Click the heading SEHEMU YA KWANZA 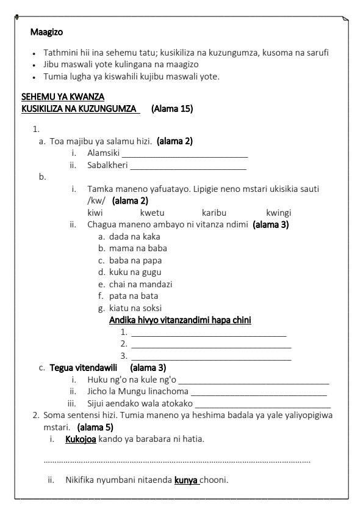pyautogui.click(x=63, y=97)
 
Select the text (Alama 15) pyautogui.click(x=172, y=109)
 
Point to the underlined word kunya pyautogui.click(x=187, y=480)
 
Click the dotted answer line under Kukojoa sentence pyautogui.click(x=177, y=461)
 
